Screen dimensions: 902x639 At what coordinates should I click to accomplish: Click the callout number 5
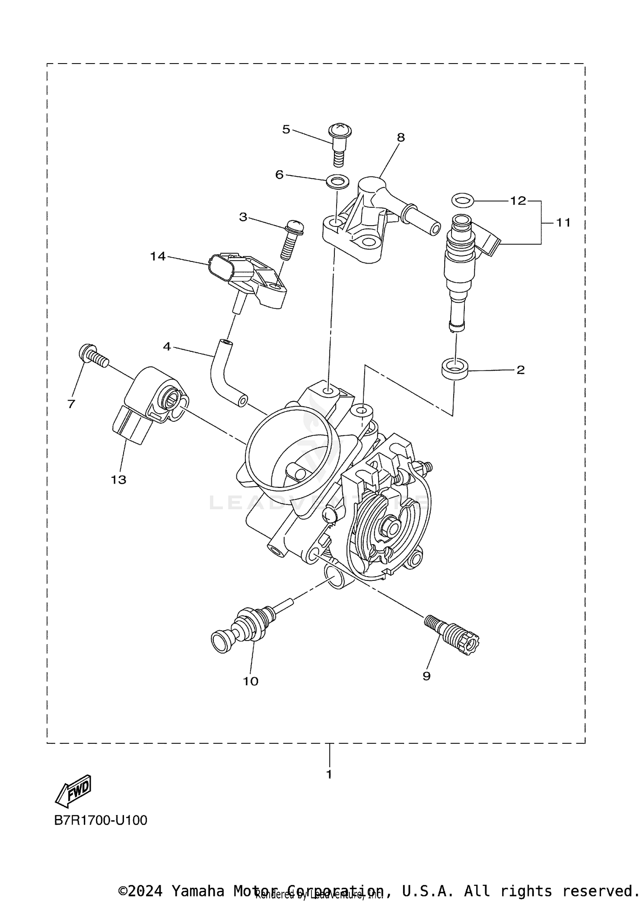286,130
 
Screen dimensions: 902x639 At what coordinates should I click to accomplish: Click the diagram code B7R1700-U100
101,820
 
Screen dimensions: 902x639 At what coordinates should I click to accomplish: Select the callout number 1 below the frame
329,774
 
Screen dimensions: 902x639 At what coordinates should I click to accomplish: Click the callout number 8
401,137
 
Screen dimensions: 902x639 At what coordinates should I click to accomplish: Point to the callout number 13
118,480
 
